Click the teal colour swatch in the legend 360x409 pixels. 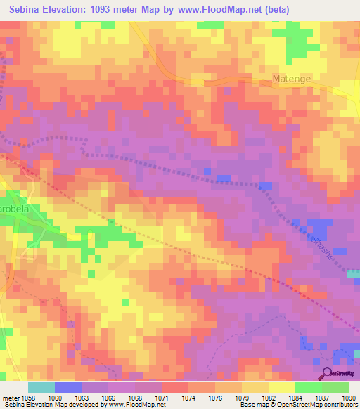tap(41, 387)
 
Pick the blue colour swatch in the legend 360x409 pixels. tap(68, 387)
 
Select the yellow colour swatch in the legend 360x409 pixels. tap(282, 387)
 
